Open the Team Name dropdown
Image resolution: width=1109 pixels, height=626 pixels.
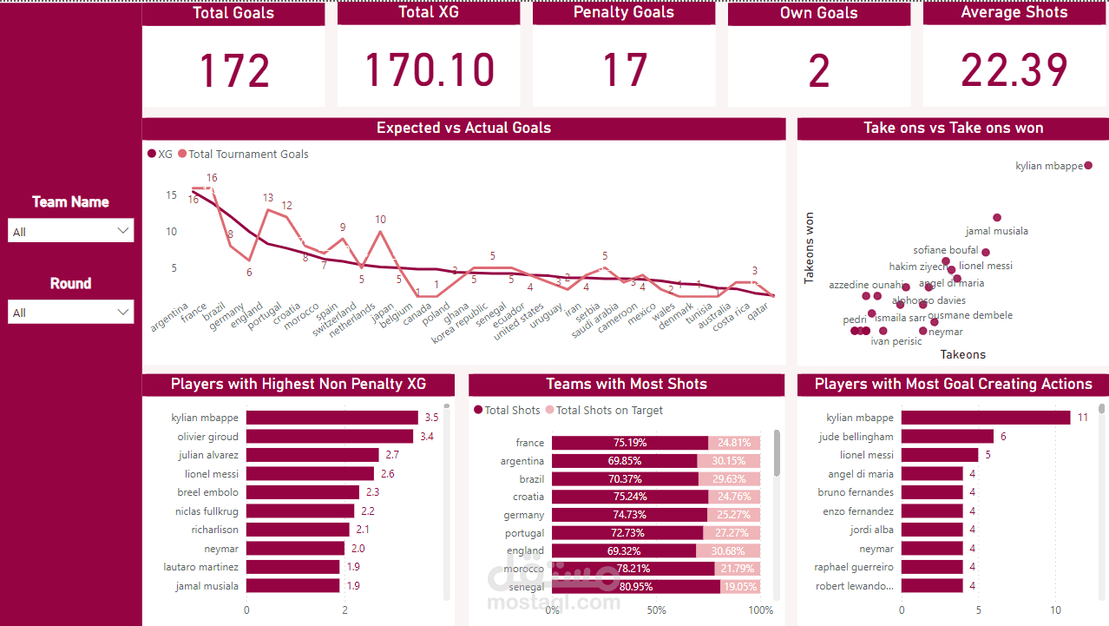(70, 231)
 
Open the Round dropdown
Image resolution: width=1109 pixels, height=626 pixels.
(70, 313)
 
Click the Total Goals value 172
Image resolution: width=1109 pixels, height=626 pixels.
(233, 70)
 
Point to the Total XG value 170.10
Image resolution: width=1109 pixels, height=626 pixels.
(430, 70)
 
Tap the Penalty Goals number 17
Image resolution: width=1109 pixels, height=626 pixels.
(624, 70)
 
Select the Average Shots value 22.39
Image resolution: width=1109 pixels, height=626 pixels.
(1014, 70)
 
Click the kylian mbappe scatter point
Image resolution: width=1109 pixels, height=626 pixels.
(1088, 165)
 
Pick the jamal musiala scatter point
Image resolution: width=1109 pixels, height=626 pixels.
(997, 218)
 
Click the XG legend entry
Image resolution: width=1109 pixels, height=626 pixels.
(161, 154)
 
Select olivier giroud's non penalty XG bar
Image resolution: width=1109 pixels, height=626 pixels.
(330, 436)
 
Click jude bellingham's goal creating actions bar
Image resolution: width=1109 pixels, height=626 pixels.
(947, 436)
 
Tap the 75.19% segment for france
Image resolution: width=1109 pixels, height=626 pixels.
(629, 443)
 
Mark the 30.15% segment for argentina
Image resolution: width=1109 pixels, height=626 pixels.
(729, 461)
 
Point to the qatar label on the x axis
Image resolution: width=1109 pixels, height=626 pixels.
(758, 313)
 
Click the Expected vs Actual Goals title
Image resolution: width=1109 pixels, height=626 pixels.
(463, 128)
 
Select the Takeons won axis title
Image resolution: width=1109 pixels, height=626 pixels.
(810, 248)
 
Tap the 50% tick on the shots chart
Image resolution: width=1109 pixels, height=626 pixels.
(656, 610)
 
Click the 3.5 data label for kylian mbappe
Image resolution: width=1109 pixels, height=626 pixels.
(431, 418)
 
